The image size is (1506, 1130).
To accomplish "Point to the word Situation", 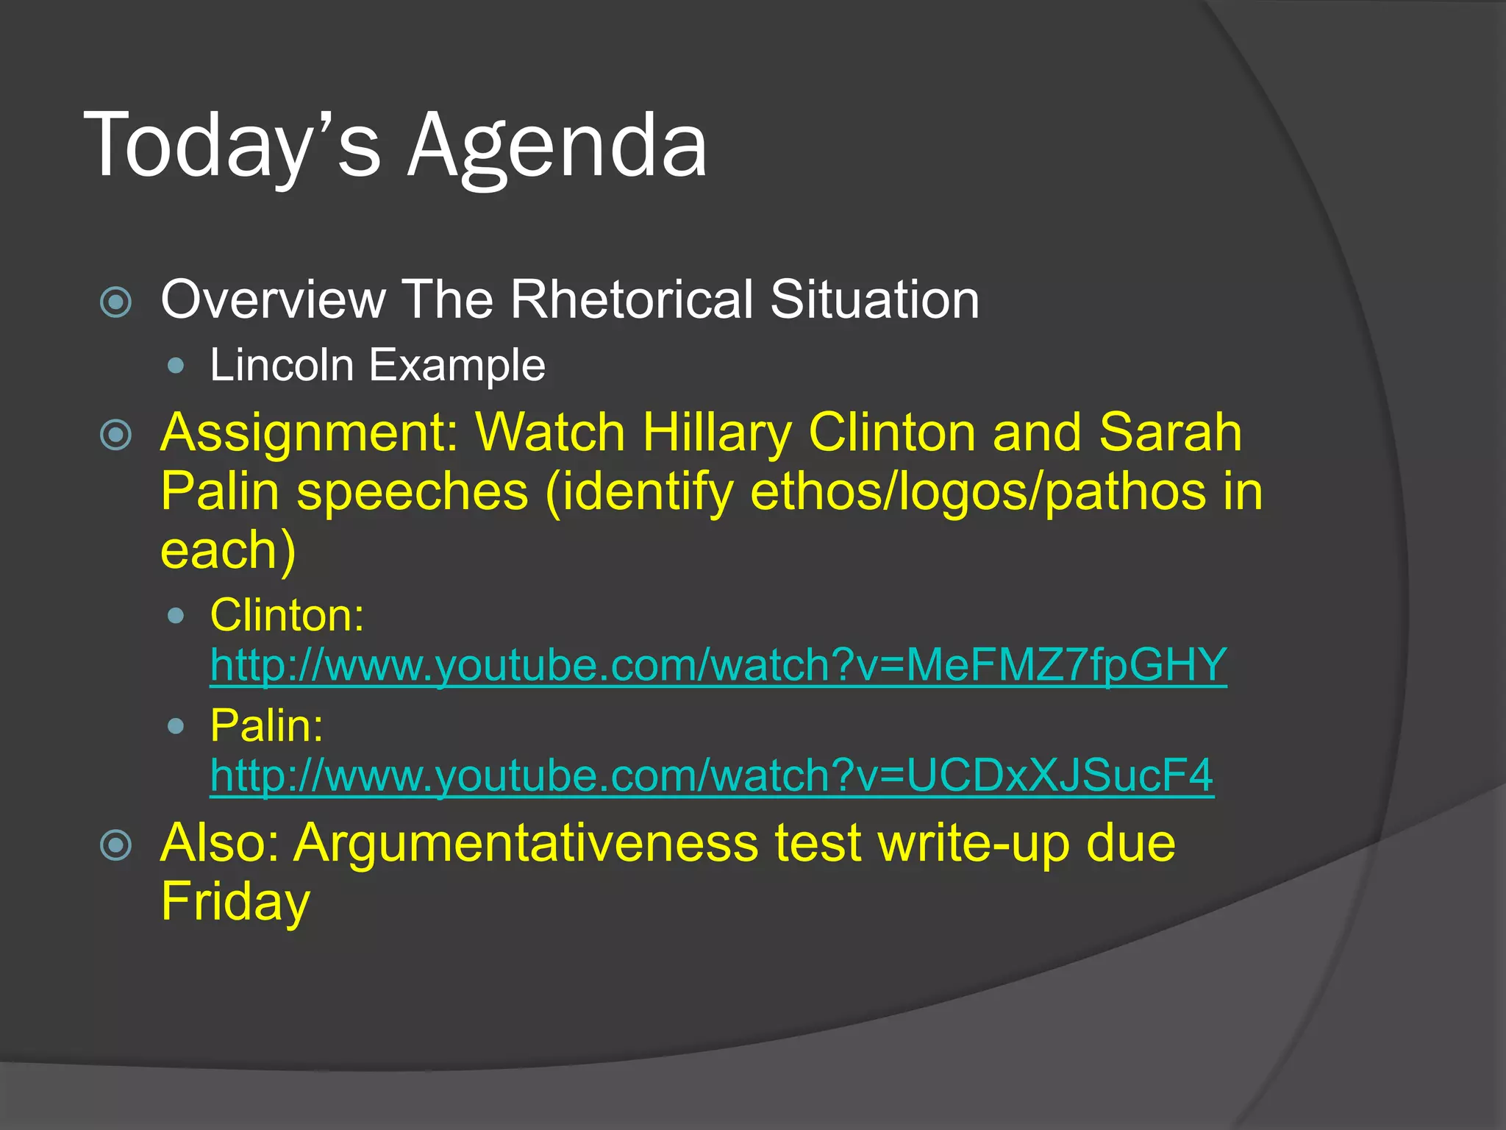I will (874, 299).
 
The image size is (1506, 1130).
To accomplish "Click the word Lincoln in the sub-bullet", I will (282, 365).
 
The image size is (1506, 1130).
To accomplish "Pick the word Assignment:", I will (310, 433).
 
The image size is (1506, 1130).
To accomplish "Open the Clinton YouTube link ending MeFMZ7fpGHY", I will (718, 665).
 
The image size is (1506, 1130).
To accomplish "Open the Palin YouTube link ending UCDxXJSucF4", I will (711, 775).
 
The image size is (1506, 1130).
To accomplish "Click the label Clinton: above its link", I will (287, 615).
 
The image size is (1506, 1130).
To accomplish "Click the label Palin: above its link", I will (266, 726).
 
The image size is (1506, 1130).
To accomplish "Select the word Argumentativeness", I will (526, 843).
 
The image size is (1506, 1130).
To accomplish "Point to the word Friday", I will (235, 902).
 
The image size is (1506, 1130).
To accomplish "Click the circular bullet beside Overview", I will (116, 302).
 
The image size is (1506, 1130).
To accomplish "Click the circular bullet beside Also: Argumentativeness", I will (116, 845).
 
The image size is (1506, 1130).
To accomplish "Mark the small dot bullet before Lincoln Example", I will (176, 365).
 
